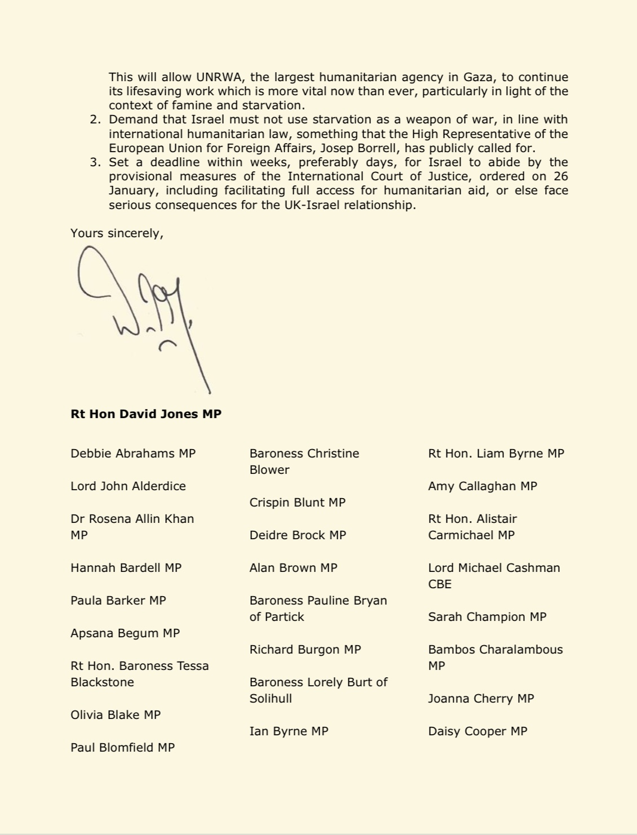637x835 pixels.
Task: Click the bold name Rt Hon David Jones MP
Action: [x=146, y=414]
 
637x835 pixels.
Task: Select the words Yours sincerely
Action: [x=117, y=233]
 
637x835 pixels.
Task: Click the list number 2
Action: [x=94, y=120]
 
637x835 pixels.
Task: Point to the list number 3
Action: [x=94, y=163]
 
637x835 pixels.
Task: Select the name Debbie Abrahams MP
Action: [x=133, y=454]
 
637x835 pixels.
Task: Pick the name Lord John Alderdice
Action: [x=128, y=486]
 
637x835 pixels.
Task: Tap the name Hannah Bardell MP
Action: [x=126, y=568]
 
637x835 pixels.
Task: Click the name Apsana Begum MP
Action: [x=125, y=633]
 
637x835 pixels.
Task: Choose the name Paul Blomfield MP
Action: [x=122, y=748]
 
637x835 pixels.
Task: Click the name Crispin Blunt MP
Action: [x=297, y=503]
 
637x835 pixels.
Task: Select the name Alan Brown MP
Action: [x=293, y=568]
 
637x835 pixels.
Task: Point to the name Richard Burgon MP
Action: [x=305, y=650]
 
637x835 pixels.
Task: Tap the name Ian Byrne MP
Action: [x=289, y=731]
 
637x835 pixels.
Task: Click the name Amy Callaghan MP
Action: [x=483, y=486]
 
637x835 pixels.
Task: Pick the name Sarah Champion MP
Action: [x=487, y=617]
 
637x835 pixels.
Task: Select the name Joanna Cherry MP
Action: [x=481, y=699]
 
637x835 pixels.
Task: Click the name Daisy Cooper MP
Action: [x=477, y=731]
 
